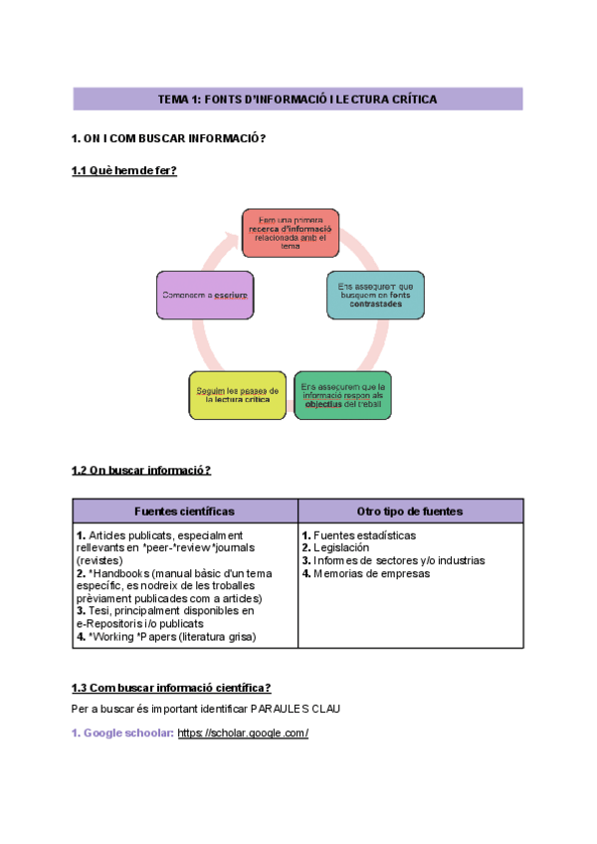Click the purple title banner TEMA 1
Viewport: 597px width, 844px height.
(x=298, y=100)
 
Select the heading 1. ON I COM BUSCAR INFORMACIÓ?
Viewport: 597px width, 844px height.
(x=169, y=138)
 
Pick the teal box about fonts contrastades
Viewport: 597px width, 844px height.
(x=376, y=295)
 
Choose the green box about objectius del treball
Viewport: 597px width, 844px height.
(x=342, y=395)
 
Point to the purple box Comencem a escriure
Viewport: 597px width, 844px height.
(x=205, y=296)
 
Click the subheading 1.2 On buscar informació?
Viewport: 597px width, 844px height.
(x=141, y=470)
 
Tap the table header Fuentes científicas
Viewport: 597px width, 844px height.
(x=185, y=511)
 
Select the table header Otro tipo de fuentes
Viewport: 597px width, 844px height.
(x=410, y=511)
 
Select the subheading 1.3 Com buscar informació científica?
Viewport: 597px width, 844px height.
(x=171, y=688)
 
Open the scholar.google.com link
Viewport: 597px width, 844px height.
(x=243, y=734)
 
